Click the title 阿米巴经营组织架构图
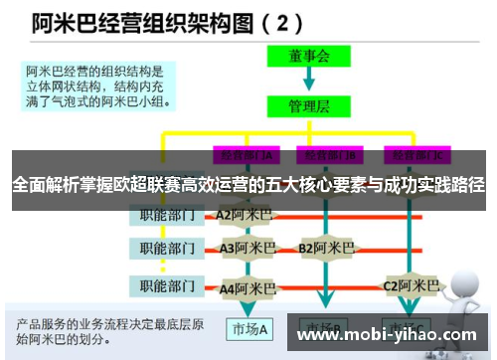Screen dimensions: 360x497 [x=129, y=21]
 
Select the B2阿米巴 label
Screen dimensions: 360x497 [x=327, y=248]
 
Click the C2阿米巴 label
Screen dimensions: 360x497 [x=412, y=286]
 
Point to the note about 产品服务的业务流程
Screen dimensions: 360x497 [x=109, y=331]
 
